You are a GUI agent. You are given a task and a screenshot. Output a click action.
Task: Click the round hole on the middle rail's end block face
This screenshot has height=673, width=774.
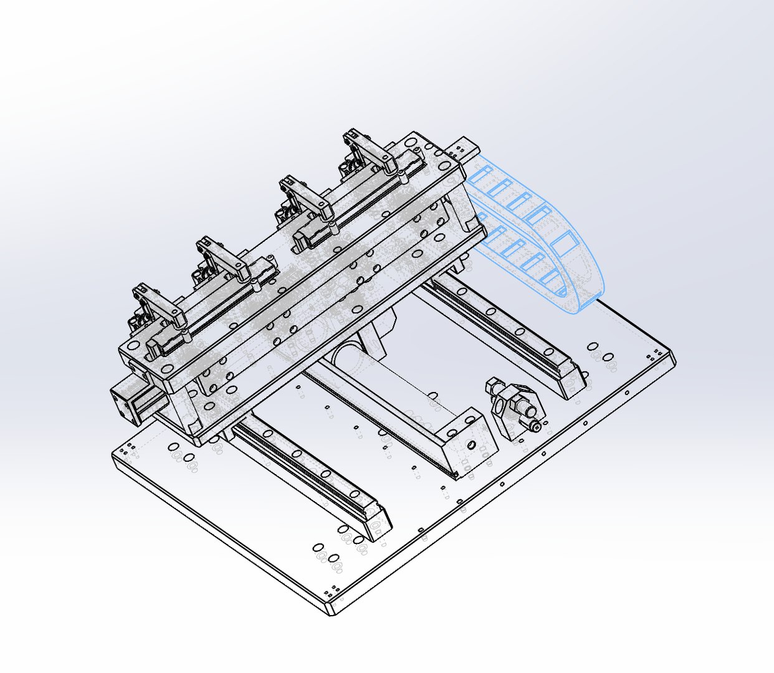coord(471,445)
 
